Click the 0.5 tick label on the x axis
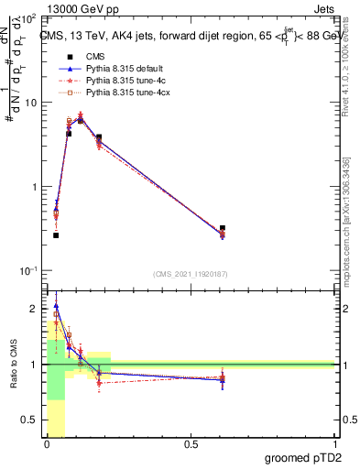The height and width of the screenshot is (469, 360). coord(191,445)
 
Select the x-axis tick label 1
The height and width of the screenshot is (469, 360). coord(333,445)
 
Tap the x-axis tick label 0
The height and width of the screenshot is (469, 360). coord(48,445)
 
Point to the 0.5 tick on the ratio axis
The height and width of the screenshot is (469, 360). coord(30,420)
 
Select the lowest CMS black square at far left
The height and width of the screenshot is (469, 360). coord(56,235)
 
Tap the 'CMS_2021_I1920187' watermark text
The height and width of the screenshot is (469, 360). coord(190,274)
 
